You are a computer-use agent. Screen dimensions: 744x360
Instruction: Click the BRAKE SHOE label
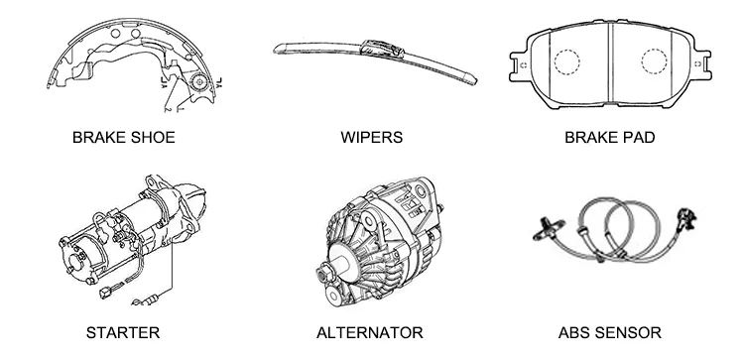(x=123, y=138)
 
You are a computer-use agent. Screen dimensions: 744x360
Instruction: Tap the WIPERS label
(x=371, y=138)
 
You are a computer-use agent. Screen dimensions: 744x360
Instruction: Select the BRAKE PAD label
(x=609, y=138)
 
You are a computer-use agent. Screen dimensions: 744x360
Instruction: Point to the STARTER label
(x=122, y=332)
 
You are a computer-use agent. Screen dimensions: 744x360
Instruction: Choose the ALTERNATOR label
(x=369, y=332)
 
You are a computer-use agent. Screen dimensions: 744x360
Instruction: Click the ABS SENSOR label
(x=609, y=332)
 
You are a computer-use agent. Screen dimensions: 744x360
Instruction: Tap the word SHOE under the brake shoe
(x=153, y=138)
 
